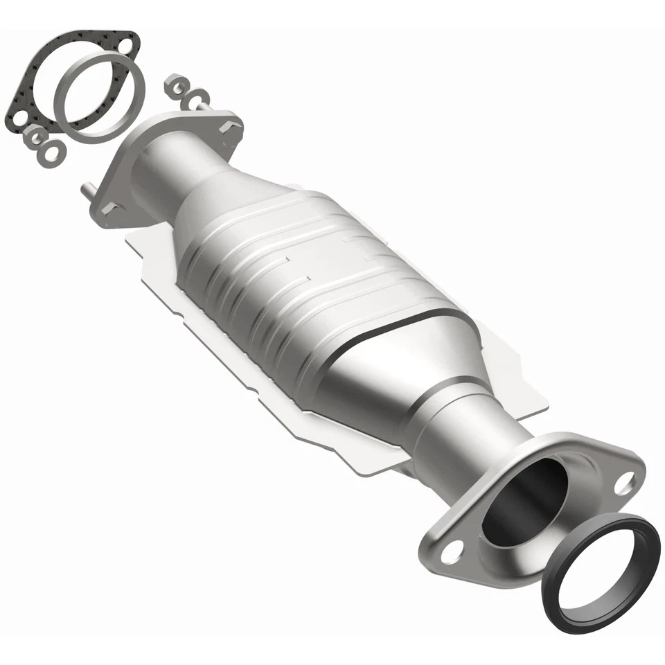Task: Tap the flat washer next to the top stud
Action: point(199,97)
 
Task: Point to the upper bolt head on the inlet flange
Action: point(231,127)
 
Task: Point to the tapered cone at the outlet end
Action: point(416,374)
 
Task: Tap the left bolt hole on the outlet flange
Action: point(451,552)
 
